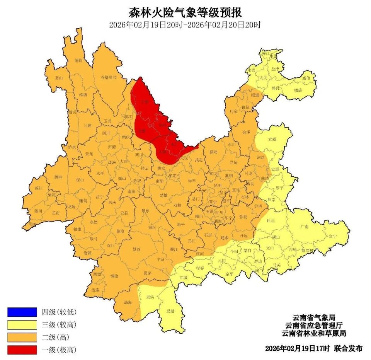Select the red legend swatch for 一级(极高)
click(x=22, y=350)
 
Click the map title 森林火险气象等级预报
click(x=185, y=12)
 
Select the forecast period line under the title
click(x=185, y=25)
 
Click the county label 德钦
click(x=78, y=60)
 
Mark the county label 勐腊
click(x=170, y=311)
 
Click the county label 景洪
click(x=150, y=297)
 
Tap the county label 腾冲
click(x=58, y=177)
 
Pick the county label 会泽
click(x=246, y=132)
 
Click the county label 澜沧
click(x=114, y=276)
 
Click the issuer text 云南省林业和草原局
click(x=313, y=333)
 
